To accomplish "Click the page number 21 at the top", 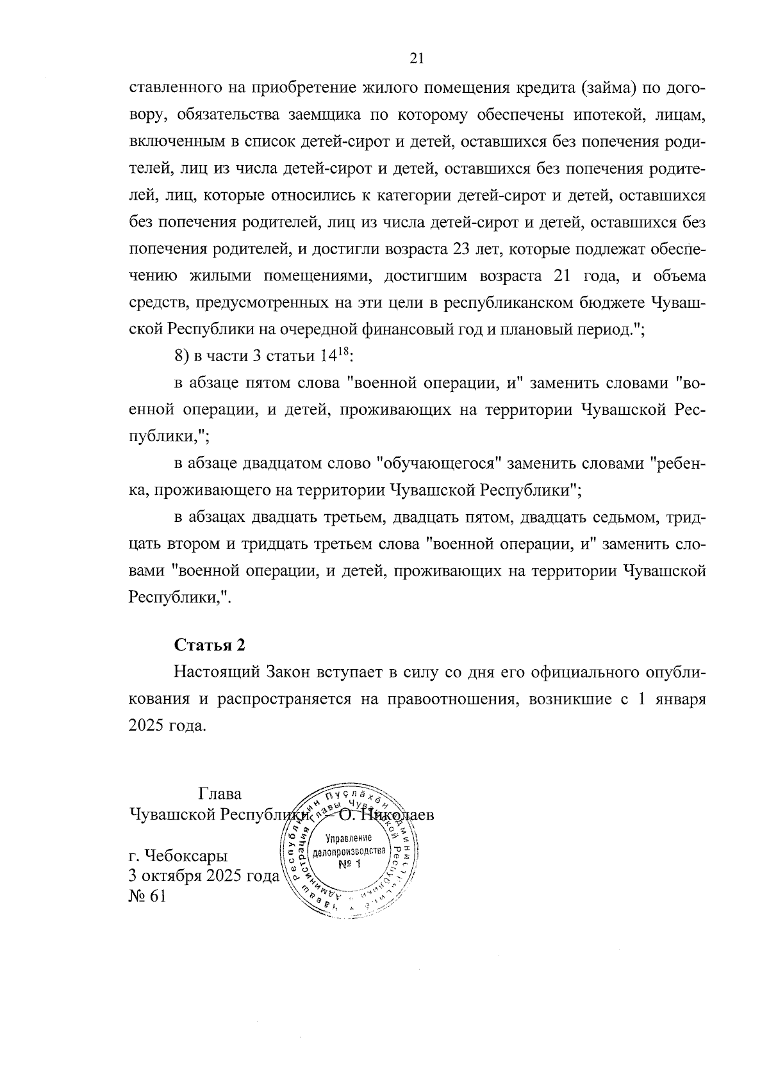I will coord(417,58).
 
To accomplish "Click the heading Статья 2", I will coord(210,644).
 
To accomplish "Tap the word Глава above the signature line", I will coord(220,795).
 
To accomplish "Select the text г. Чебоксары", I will coord(178,856).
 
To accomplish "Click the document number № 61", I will coord(147,896).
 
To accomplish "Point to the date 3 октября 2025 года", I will coord(204,876).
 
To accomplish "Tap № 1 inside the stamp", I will coord(350,864).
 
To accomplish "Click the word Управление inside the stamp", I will coord(349,839).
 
